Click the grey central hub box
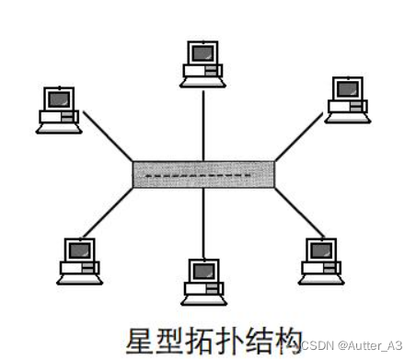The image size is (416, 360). (203, 174)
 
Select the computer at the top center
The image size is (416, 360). (202, 64)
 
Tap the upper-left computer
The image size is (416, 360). (57, 109)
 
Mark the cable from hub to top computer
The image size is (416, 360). (202, 124)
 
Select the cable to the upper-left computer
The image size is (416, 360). (109, 137)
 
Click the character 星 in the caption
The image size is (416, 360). (141, 337)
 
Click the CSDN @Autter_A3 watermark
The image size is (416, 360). (352, 344)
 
